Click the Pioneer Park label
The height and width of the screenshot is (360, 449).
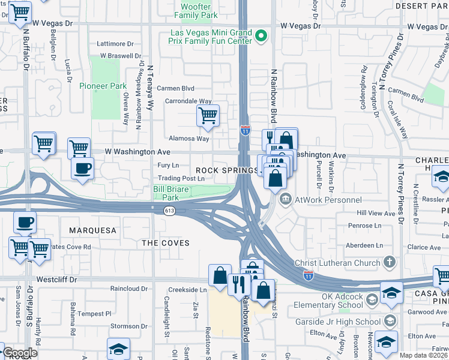point(103,86)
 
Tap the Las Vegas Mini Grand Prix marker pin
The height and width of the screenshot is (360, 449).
point(261,37)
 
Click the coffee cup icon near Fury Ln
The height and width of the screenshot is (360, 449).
point(82,168)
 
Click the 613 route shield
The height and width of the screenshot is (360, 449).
point(170,211)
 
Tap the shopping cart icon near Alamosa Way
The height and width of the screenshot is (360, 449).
point(208,115)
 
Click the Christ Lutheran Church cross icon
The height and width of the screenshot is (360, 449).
point(389,262)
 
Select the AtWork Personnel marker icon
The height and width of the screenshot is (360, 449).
point(286,199)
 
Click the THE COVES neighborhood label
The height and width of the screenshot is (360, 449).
point(166,243)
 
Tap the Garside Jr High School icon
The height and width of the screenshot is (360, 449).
point(390,322)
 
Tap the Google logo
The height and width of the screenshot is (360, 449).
point(20,353)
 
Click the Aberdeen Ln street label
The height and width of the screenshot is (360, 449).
point(362,245)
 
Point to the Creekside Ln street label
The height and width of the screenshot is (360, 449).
point(187,290)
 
